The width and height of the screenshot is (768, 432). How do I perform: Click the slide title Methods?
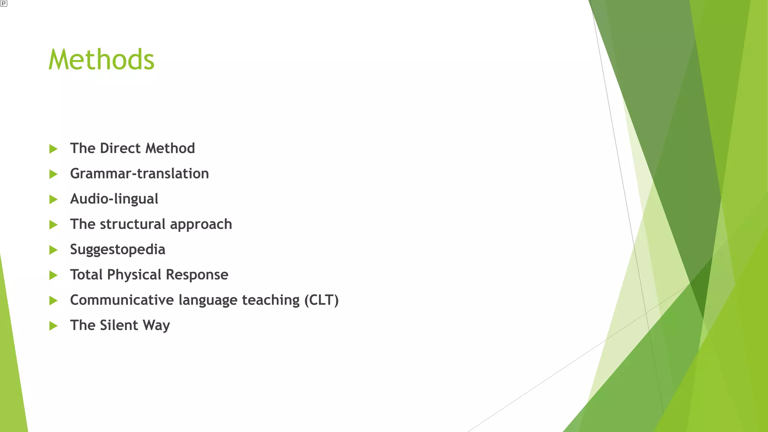101,60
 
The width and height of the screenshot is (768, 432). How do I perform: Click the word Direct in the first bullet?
120,148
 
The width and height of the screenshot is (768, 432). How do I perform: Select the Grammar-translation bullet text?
139,174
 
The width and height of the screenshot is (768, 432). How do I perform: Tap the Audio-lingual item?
114,199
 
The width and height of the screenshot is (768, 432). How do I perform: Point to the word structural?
133,224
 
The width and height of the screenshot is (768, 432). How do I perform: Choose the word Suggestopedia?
117,249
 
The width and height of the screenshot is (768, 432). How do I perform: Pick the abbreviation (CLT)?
321,300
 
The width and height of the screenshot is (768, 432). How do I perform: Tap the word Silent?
119,325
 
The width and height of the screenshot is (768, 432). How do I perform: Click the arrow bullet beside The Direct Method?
53,149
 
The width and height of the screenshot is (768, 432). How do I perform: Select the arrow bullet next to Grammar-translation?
53,174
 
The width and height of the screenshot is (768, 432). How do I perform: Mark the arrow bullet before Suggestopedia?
53,250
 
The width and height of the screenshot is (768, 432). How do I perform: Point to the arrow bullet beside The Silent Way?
53,325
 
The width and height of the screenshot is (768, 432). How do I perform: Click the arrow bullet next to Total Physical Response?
53,275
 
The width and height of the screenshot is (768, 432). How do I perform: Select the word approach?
201,225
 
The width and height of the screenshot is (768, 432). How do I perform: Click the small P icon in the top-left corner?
3,3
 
